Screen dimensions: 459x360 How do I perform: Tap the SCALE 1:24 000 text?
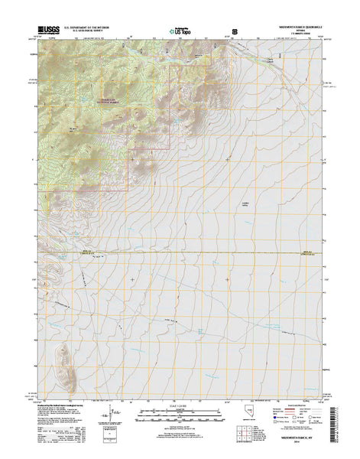pos(180,406)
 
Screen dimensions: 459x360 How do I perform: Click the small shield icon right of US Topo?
pos(235,32)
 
